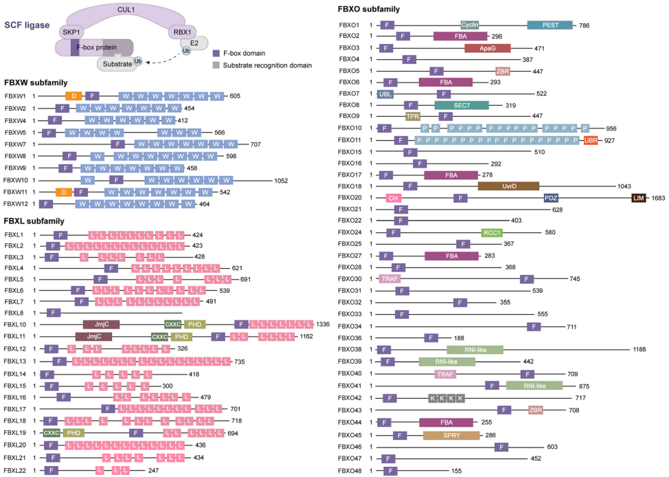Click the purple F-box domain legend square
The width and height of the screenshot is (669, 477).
point(216,53)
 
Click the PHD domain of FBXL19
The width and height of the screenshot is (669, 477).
point(73,433)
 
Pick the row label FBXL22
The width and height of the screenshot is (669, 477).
point(14,470)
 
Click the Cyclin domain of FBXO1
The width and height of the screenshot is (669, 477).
point(470,25)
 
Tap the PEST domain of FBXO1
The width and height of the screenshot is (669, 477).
point(549,25)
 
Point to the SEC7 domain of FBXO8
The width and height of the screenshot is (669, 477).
point(462,104)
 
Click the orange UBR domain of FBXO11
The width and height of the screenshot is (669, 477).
point(590,140)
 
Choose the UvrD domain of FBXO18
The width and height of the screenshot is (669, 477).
point(508,186)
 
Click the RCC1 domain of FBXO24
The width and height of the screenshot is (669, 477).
point(492,232)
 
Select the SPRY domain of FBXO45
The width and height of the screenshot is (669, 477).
point(451,435)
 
